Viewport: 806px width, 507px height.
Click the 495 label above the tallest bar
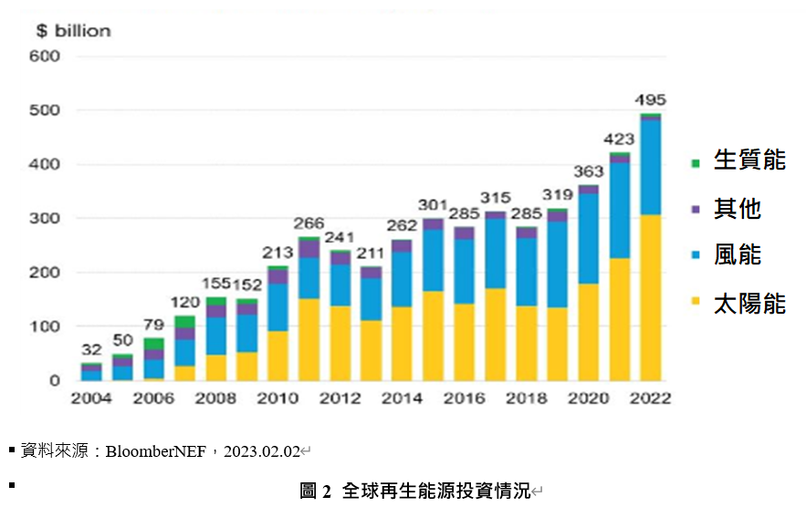(x=650, y=99)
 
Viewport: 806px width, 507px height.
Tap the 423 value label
(x=619, y=139)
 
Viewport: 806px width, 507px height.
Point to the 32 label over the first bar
(x=91, y=350)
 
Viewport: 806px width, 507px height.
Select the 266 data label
(x=309, y=223)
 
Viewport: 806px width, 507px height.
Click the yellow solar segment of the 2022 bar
(x=650, y=297)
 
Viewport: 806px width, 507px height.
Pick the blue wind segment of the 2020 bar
(x=588, y=239)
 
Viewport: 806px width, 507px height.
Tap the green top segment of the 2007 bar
(x=184, y=322)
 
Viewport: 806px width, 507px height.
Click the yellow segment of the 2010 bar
(x=277, y=356)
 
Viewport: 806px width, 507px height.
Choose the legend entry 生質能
(x=738, y=160)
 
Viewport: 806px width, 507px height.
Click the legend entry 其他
(x=727, y=209)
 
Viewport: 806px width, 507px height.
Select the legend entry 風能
(x=727, y=254)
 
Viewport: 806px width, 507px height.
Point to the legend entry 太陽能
(x=738, y=304)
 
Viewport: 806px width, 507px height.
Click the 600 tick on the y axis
(x=45, y=56)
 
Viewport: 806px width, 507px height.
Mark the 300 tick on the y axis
(x=45, y=218)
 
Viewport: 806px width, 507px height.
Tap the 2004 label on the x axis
(x=91, y=398)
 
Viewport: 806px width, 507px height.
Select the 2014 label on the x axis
(x=402, y=398)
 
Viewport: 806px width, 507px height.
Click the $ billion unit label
(x=74, y=31)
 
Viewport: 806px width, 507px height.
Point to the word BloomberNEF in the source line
(x=156, y=451)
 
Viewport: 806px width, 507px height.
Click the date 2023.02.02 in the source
(x=262, y=451)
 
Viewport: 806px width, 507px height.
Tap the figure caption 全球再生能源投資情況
(x=436, y=491)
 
